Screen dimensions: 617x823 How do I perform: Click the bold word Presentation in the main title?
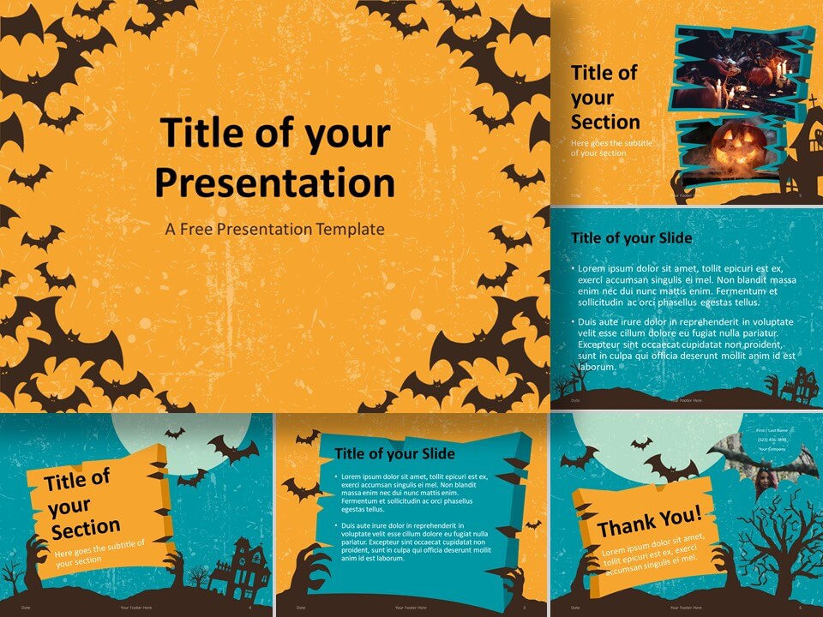click(274, 183)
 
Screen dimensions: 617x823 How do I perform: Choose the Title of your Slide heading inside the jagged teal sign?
click(394, 453)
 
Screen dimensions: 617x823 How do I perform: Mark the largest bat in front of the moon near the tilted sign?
click(231, 448)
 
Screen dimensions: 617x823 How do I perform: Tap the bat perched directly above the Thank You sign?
click(671, 468)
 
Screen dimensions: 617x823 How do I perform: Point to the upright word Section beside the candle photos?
click(605, 121)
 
